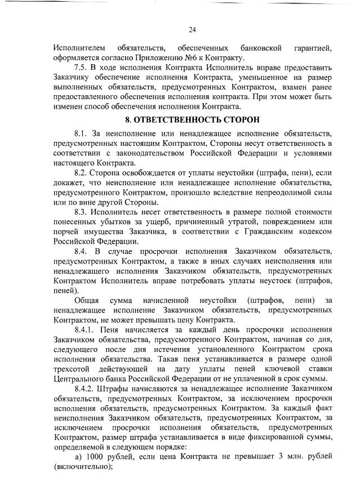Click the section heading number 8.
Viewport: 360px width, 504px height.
127,120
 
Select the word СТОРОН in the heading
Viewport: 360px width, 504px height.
243,120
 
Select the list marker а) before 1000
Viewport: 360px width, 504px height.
78,457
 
